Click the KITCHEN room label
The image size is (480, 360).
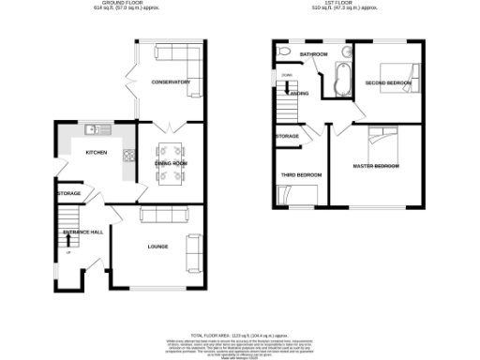click(x=96, y=152)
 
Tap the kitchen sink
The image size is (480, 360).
click(x=91, y=129)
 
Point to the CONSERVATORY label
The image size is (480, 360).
click(x=172, y=82)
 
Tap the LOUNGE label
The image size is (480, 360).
click(x=157, y=247)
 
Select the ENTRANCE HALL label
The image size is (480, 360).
click(x=82, y=231)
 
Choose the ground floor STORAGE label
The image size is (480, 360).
click(x=68, y=193)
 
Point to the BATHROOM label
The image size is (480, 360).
click(x=313, y=54)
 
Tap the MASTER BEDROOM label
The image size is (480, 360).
click(x=376, y=166)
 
